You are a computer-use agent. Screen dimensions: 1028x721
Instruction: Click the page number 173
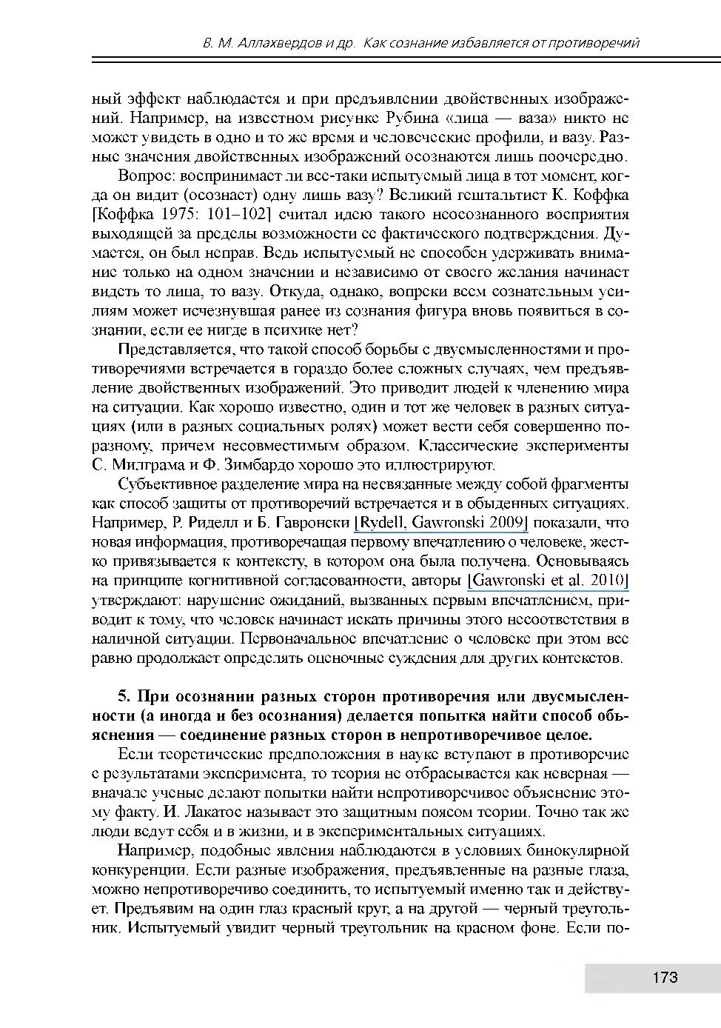(665, 978)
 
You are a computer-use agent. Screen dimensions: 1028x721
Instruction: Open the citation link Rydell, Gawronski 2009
(441, 523)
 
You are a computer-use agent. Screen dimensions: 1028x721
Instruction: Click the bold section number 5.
(124, 697)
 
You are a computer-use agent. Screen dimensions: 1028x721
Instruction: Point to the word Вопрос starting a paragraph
(144, 176)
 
